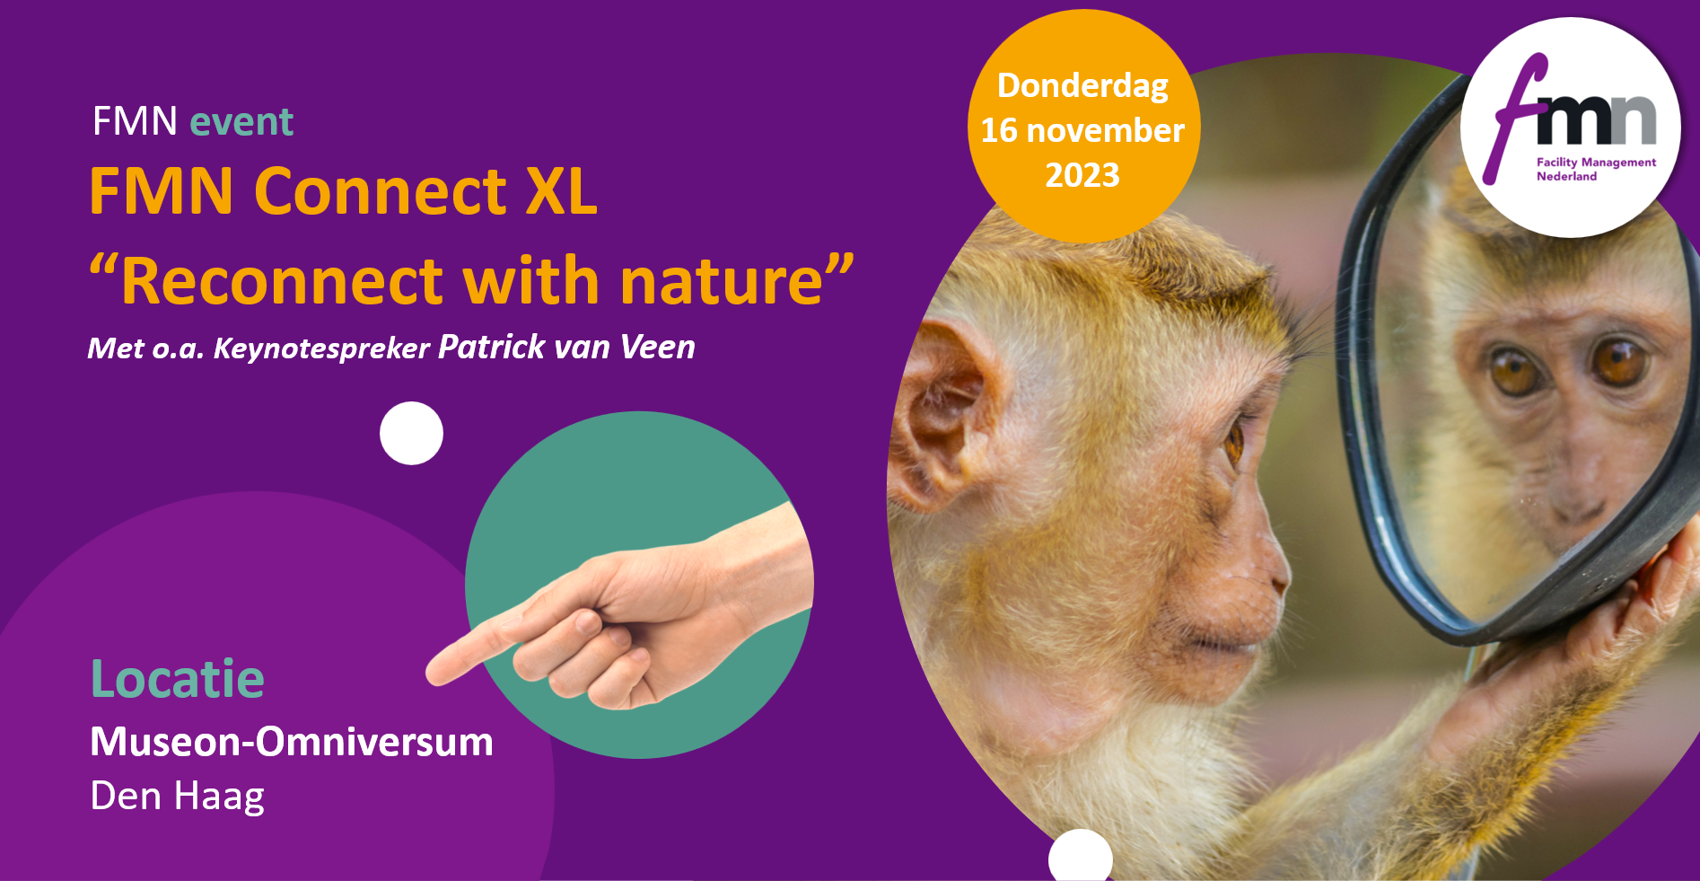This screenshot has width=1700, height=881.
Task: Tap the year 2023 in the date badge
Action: [x=1082, y=175]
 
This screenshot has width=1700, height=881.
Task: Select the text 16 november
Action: [x=1082, y=131]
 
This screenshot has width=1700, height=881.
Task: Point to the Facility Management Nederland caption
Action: [x=1596, y=169]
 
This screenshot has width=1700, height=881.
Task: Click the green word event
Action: [x=241, y=121]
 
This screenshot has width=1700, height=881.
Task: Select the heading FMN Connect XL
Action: [x=343, y=191]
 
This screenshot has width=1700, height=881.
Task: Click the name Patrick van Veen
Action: [x=566, y=347]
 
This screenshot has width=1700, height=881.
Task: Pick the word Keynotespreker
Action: [x=321, y=348]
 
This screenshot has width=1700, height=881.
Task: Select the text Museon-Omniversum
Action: [x=292, y=742]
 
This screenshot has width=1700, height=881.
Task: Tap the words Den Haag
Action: [x=178, y=797]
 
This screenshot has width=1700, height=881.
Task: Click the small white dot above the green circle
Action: [x=411, y=433]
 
